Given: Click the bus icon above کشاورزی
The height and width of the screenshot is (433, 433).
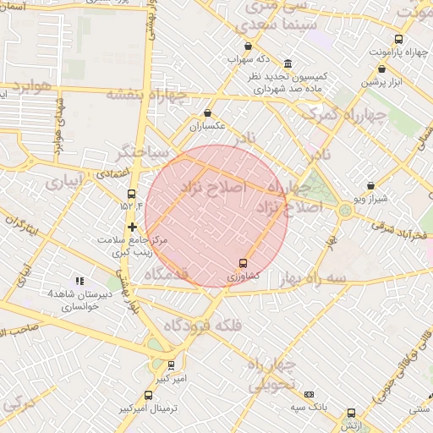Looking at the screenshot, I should pos(244,263).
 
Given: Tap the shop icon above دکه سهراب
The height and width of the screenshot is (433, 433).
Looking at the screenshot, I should pos(247,47).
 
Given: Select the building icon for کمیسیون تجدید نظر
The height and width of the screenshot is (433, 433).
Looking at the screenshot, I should pos(288,64).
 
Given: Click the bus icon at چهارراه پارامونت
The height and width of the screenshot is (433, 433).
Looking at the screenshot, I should pos(398,39).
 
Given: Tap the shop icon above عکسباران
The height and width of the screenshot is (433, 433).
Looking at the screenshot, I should pos(208,113).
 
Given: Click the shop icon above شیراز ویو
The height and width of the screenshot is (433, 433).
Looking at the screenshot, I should pos(370,185).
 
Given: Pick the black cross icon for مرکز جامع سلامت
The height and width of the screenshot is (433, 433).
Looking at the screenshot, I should pos(132,227).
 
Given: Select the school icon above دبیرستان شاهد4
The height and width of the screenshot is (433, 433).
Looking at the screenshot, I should pos(79,281).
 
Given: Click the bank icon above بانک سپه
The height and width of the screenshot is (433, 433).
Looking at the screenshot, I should pos(310,394).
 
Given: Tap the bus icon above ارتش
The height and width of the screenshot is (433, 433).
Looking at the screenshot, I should pos(351,413).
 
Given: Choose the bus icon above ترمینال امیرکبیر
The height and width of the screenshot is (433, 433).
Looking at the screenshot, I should pos(150,394).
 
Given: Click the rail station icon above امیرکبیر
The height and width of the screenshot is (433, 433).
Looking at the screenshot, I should pos(172,365).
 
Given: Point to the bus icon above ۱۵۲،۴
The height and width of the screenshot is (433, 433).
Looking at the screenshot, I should pos(130,194).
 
